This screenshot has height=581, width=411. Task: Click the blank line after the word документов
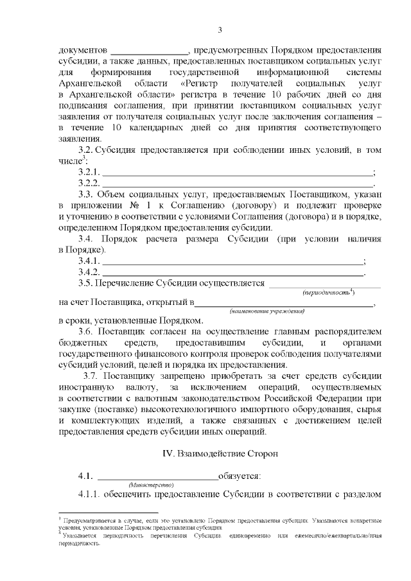coord(150,50)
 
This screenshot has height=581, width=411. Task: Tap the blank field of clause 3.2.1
coord(238,173)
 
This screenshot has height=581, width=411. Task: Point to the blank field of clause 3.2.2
coord(238,184)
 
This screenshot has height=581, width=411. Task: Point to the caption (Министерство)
coord(150,485)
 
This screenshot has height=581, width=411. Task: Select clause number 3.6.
coord(87,331)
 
